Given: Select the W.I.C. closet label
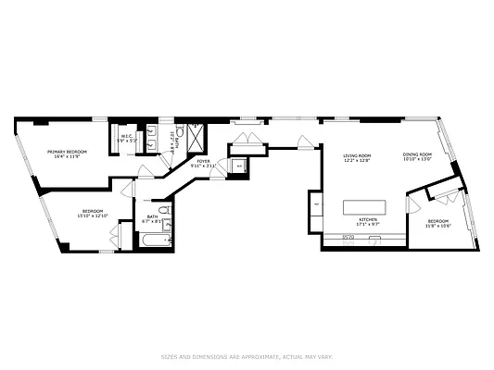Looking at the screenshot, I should (x=127, y=136).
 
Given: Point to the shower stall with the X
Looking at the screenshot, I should (x=196, y=130).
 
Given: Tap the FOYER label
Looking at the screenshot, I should (x=203, y=161).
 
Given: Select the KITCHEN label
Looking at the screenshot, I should (x=368, y=218).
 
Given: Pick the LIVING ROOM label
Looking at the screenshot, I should (x=357, y=155).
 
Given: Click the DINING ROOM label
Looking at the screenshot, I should (x=417, y=154).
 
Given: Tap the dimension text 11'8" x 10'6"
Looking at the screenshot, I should (x=438, y=225).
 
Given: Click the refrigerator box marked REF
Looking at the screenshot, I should (x=316, y=203).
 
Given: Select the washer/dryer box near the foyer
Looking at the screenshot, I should (x=239, y=166).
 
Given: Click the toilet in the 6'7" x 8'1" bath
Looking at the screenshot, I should (x=169, y=240).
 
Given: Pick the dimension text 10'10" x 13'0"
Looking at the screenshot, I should (x=417, y=159).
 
